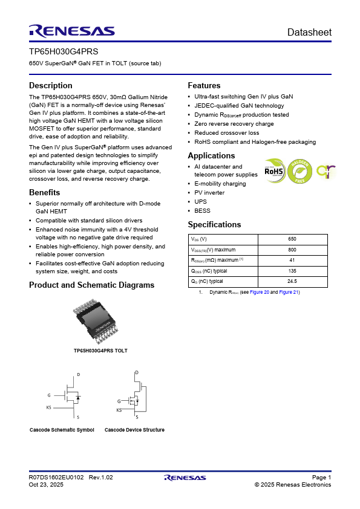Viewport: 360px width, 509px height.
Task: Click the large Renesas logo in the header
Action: (72, 31)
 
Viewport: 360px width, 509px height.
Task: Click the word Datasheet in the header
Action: (309, 32)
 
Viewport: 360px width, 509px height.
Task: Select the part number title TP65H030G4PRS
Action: (64, 51)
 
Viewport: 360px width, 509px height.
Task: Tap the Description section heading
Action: (51, 85)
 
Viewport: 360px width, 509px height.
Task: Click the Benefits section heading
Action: (45, 192)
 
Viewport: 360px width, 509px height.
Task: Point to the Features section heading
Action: (204, 85)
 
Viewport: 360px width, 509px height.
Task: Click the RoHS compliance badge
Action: (274, 171)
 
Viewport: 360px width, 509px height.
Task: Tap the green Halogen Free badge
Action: (300, 171)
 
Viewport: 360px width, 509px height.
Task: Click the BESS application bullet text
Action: (202, 211)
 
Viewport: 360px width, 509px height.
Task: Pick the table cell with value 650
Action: (292, 239)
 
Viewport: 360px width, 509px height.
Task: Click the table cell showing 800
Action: (292, 250)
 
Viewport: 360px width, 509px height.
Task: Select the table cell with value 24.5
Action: (292, 282)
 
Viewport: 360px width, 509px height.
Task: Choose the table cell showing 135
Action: (292, 271)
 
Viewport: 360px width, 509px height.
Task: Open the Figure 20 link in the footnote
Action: (260, 292)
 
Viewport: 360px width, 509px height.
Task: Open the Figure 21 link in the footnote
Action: (289, 292)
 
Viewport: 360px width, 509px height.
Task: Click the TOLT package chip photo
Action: (96, 322)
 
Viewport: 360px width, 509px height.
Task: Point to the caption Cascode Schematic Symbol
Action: (62, 430)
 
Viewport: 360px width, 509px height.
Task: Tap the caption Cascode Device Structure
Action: (134, 430)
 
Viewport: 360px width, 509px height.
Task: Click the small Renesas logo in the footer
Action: (185, 478)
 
